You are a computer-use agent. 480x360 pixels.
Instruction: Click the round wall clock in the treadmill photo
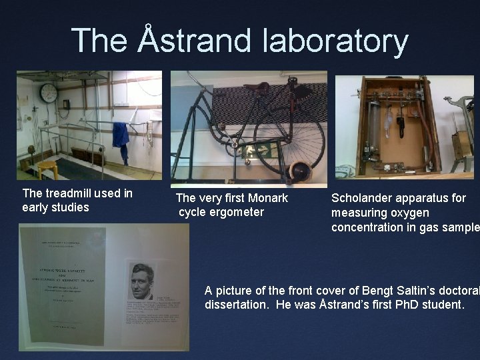point(48,93)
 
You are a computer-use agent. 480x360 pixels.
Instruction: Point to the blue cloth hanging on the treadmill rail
point(121,136)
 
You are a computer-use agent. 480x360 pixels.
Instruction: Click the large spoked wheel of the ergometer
point(289,137)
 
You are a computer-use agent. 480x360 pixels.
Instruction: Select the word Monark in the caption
point(267,198)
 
